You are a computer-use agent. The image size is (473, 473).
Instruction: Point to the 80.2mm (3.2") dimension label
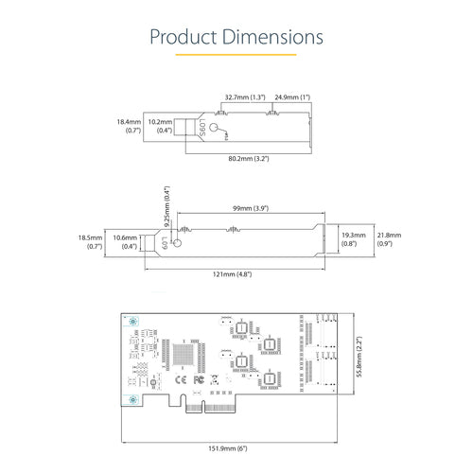point(247,159)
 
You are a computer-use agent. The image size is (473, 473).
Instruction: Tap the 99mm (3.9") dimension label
point(251,207)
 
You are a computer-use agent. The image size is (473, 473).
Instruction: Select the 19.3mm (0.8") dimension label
point(353,239)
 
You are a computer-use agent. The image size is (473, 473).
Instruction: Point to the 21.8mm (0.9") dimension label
point(389,239)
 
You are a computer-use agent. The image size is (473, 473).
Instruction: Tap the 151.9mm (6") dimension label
point(233,447)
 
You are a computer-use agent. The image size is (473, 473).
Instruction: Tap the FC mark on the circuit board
point(199,380)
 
